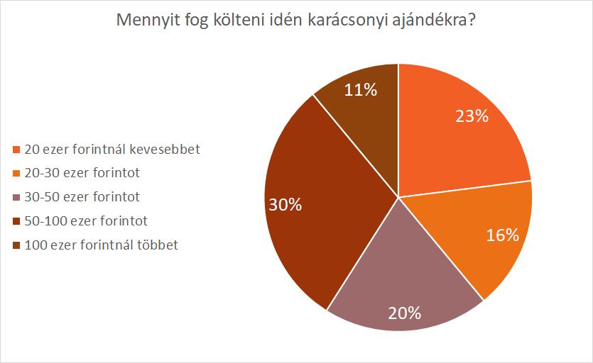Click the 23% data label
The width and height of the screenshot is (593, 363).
tap(472, 116)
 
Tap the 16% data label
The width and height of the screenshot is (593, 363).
tap(502, 235)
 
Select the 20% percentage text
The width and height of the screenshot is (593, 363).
tap(405, 313)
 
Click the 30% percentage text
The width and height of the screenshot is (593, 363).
tap(285, 205)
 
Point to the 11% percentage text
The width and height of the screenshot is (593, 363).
tap(361, 89)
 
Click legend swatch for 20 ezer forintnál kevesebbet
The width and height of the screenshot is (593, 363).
tap(17, 150)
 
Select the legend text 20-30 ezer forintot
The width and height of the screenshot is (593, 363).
tap(82, 173)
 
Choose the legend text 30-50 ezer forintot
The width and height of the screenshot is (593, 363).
tap(82, 196)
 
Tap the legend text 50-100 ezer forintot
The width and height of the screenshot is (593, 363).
tap(86, 220)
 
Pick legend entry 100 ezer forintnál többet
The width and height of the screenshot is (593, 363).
tap(102, 245)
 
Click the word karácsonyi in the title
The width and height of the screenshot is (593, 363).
tap(350, 23)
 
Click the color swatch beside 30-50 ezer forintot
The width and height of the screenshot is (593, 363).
tap(17, 197)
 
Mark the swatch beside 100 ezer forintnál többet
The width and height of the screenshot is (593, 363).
tap(17, 246)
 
